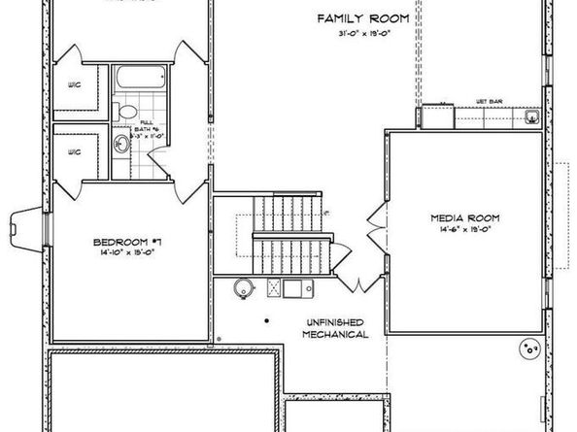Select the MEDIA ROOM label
point(464,219)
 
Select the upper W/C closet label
point(74,84)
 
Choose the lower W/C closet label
point(74,152)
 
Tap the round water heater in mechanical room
point(245,287)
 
